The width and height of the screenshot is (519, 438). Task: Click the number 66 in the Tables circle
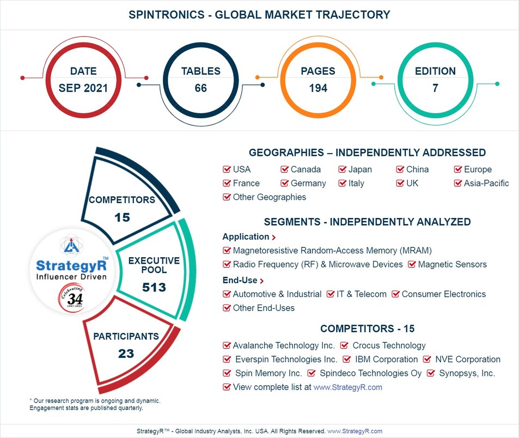tap(200, 88)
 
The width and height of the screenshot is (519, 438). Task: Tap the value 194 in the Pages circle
tap(318, 88)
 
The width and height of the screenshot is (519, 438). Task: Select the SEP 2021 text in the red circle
tap(83, 88)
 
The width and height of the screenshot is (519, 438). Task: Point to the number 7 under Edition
tap(435, 88)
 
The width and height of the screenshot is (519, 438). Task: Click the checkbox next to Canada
tap(285, 170)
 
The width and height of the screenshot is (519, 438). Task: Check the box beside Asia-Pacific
tap(458, 184)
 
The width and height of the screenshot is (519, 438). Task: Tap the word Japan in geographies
tap(360, 169)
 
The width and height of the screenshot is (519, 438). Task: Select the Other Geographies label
tap(269, 197)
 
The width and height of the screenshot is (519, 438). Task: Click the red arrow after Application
tap(273, 238)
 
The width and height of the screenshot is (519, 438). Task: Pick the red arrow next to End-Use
tap(262, 281)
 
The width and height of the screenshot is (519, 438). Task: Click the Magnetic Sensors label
tap(452, 265)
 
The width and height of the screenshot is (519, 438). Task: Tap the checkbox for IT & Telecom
tap(331, 294)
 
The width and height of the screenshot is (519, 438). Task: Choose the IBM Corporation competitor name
tap(386, 360)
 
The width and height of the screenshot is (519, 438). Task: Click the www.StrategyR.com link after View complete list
tap(347, 387)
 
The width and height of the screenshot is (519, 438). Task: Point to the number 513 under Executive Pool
tap(154, 287)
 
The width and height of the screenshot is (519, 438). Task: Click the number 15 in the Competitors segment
tap(122, 217)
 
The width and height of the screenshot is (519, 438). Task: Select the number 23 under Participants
tap(126, 354)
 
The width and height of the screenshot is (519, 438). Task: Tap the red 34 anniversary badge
tap(72, 300)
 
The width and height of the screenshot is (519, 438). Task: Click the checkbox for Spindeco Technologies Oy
tap(312, 374)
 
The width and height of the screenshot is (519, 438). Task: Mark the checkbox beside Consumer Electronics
tap(396, 294)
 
